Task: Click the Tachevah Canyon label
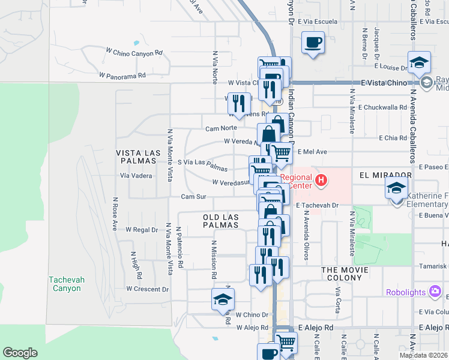65,284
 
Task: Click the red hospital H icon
321,179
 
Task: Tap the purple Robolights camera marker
435,292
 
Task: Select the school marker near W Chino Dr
223,299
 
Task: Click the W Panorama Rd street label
123,76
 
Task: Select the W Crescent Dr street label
147,289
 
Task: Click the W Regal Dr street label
141,229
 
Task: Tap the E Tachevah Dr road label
318,205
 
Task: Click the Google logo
20,353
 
